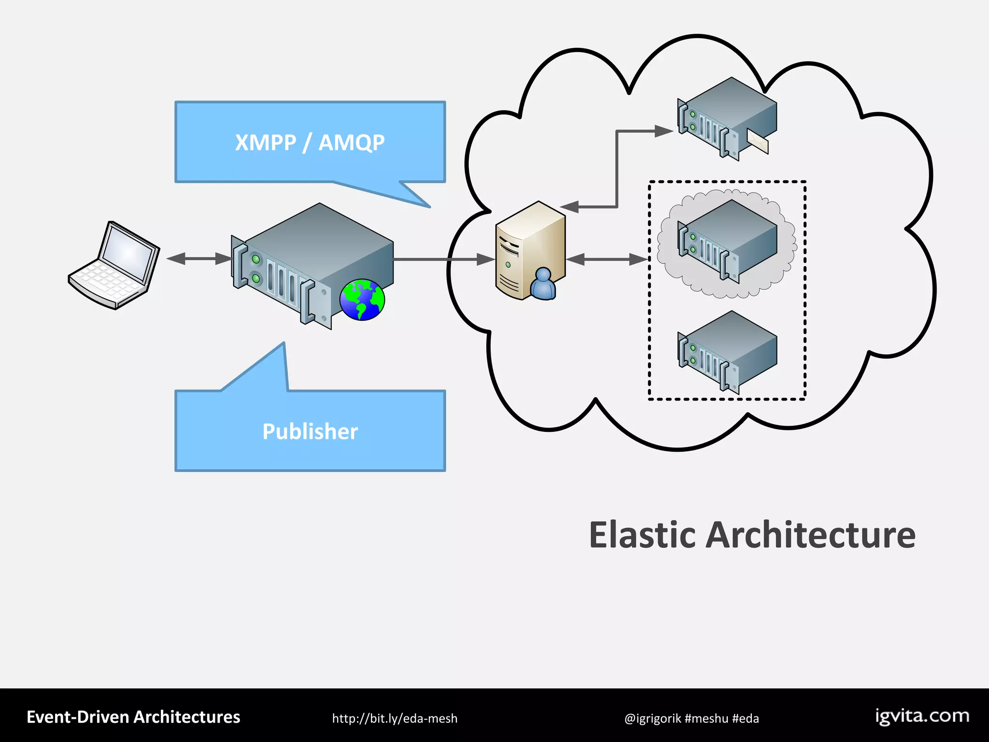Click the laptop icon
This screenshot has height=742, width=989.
coord(114,265)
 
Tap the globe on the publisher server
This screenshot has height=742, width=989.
coord(362,300)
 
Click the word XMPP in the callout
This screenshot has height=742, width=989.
coord(265,143)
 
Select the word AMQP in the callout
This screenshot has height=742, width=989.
coord(352,143)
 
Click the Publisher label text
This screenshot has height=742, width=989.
coord(310,431)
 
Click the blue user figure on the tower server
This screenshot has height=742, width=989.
coord(543,285)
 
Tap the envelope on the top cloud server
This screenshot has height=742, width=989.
coord(758,141)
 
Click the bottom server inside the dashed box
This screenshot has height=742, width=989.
coord(727,351)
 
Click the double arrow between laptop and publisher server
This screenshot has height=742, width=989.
coord(199,259)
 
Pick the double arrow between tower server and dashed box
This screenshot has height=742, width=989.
coord(607,259)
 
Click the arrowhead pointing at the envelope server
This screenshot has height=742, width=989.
coord(664,131)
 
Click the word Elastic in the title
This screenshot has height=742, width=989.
coord(642,535)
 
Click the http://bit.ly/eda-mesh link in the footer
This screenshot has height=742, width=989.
coord(395,718)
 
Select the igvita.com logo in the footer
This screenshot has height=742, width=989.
coord(922,716)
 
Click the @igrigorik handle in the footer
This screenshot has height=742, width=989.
coord(652,718)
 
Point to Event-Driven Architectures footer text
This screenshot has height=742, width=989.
coord(133,717)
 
